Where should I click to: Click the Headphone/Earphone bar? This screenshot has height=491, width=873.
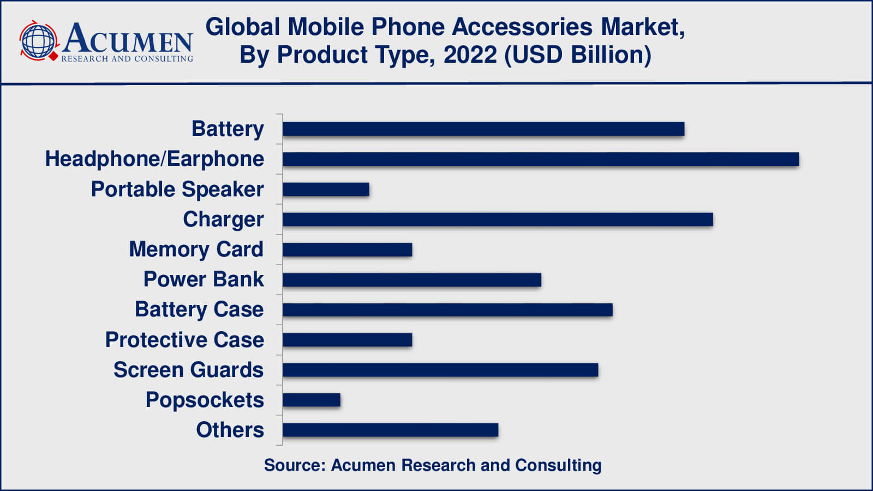[540, 159]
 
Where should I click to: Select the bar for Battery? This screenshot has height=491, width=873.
[483, 129]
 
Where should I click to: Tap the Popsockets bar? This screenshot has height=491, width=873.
[311, 400]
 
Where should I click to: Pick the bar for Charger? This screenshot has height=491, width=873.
[498, 219]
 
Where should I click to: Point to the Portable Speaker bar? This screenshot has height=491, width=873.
[326, 189]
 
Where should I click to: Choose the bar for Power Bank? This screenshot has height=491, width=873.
[412, 280]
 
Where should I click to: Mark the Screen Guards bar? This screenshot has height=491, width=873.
[440, 370]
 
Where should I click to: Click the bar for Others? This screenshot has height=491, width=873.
[390, 430]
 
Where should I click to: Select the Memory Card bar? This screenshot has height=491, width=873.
[347, 250]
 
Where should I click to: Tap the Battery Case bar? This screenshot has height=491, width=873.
[447, 310]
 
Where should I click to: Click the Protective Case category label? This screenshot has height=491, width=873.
[184, 340]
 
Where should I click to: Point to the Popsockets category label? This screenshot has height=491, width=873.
[205, 400]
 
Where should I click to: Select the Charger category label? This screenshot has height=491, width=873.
[223, 219]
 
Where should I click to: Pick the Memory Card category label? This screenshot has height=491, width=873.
[196, 250]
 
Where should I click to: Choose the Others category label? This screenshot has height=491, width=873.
[230, 430]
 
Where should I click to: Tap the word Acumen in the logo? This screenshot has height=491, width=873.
[128, 38]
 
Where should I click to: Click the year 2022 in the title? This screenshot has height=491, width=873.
[470, 55]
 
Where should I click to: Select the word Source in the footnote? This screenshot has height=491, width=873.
[294, 465]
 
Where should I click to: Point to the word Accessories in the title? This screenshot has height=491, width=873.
[522, 27]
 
